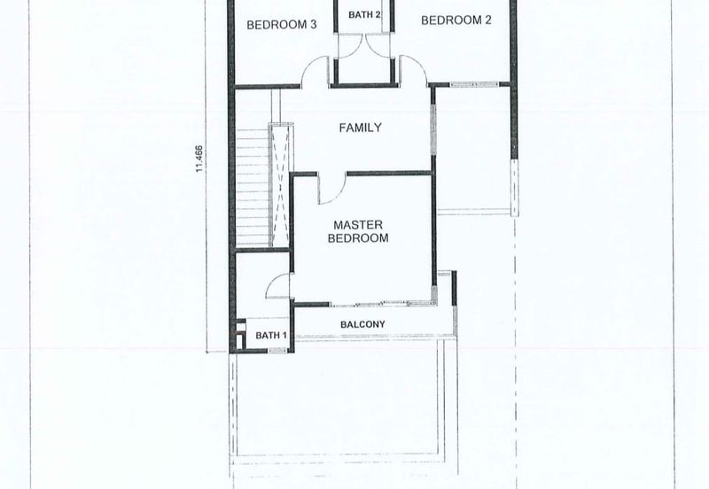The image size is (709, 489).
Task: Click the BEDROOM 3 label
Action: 281,25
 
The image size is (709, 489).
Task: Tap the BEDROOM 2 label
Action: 456,19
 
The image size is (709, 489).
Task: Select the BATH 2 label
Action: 364,15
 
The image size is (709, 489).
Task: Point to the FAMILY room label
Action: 361,128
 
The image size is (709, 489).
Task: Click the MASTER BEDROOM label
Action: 358,231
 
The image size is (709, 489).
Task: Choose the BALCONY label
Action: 362,324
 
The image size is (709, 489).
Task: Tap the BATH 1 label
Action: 271,336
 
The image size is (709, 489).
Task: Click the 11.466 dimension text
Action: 199,159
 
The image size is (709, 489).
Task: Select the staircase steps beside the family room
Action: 253,188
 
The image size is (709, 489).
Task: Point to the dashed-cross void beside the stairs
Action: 280,185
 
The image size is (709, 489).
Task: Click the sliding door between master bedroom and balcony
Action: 382,303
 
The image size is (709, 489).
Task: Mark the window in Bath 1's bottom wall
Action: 277,350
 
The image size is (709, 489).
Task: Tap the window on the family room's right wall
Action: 433,129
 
